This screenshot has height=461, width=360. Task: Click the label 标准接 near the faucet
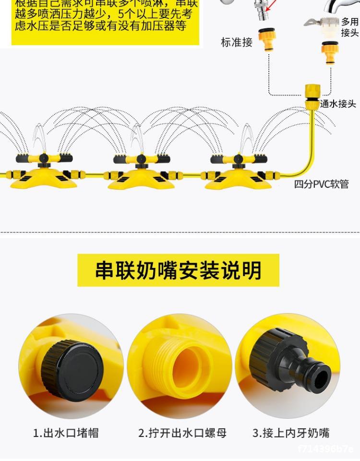point(236,42)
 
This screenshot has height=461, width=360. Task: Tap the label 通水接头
point(338,103)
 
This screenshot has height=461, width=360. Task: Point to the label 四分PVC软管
point(321,184)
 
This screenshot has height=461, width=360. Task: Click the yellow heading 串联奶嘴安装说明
point(178,270)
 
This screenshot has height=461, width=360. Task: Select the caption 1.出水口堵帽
point(66,433)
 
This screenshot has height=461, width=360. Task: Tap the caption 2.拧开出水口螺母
point(182,433)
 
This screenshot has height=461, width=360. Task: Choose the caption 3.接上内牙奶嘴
point(291,433)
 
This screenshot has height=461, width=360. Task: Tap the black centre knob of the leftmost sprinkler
point(44,159)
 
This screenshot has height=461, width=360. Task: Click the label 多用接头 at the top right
point(349,27)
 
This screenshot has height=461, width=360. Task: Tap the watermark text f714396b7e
point(325,449)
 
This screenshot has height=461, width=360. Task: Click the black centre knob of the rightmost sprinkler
point(239,159)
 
